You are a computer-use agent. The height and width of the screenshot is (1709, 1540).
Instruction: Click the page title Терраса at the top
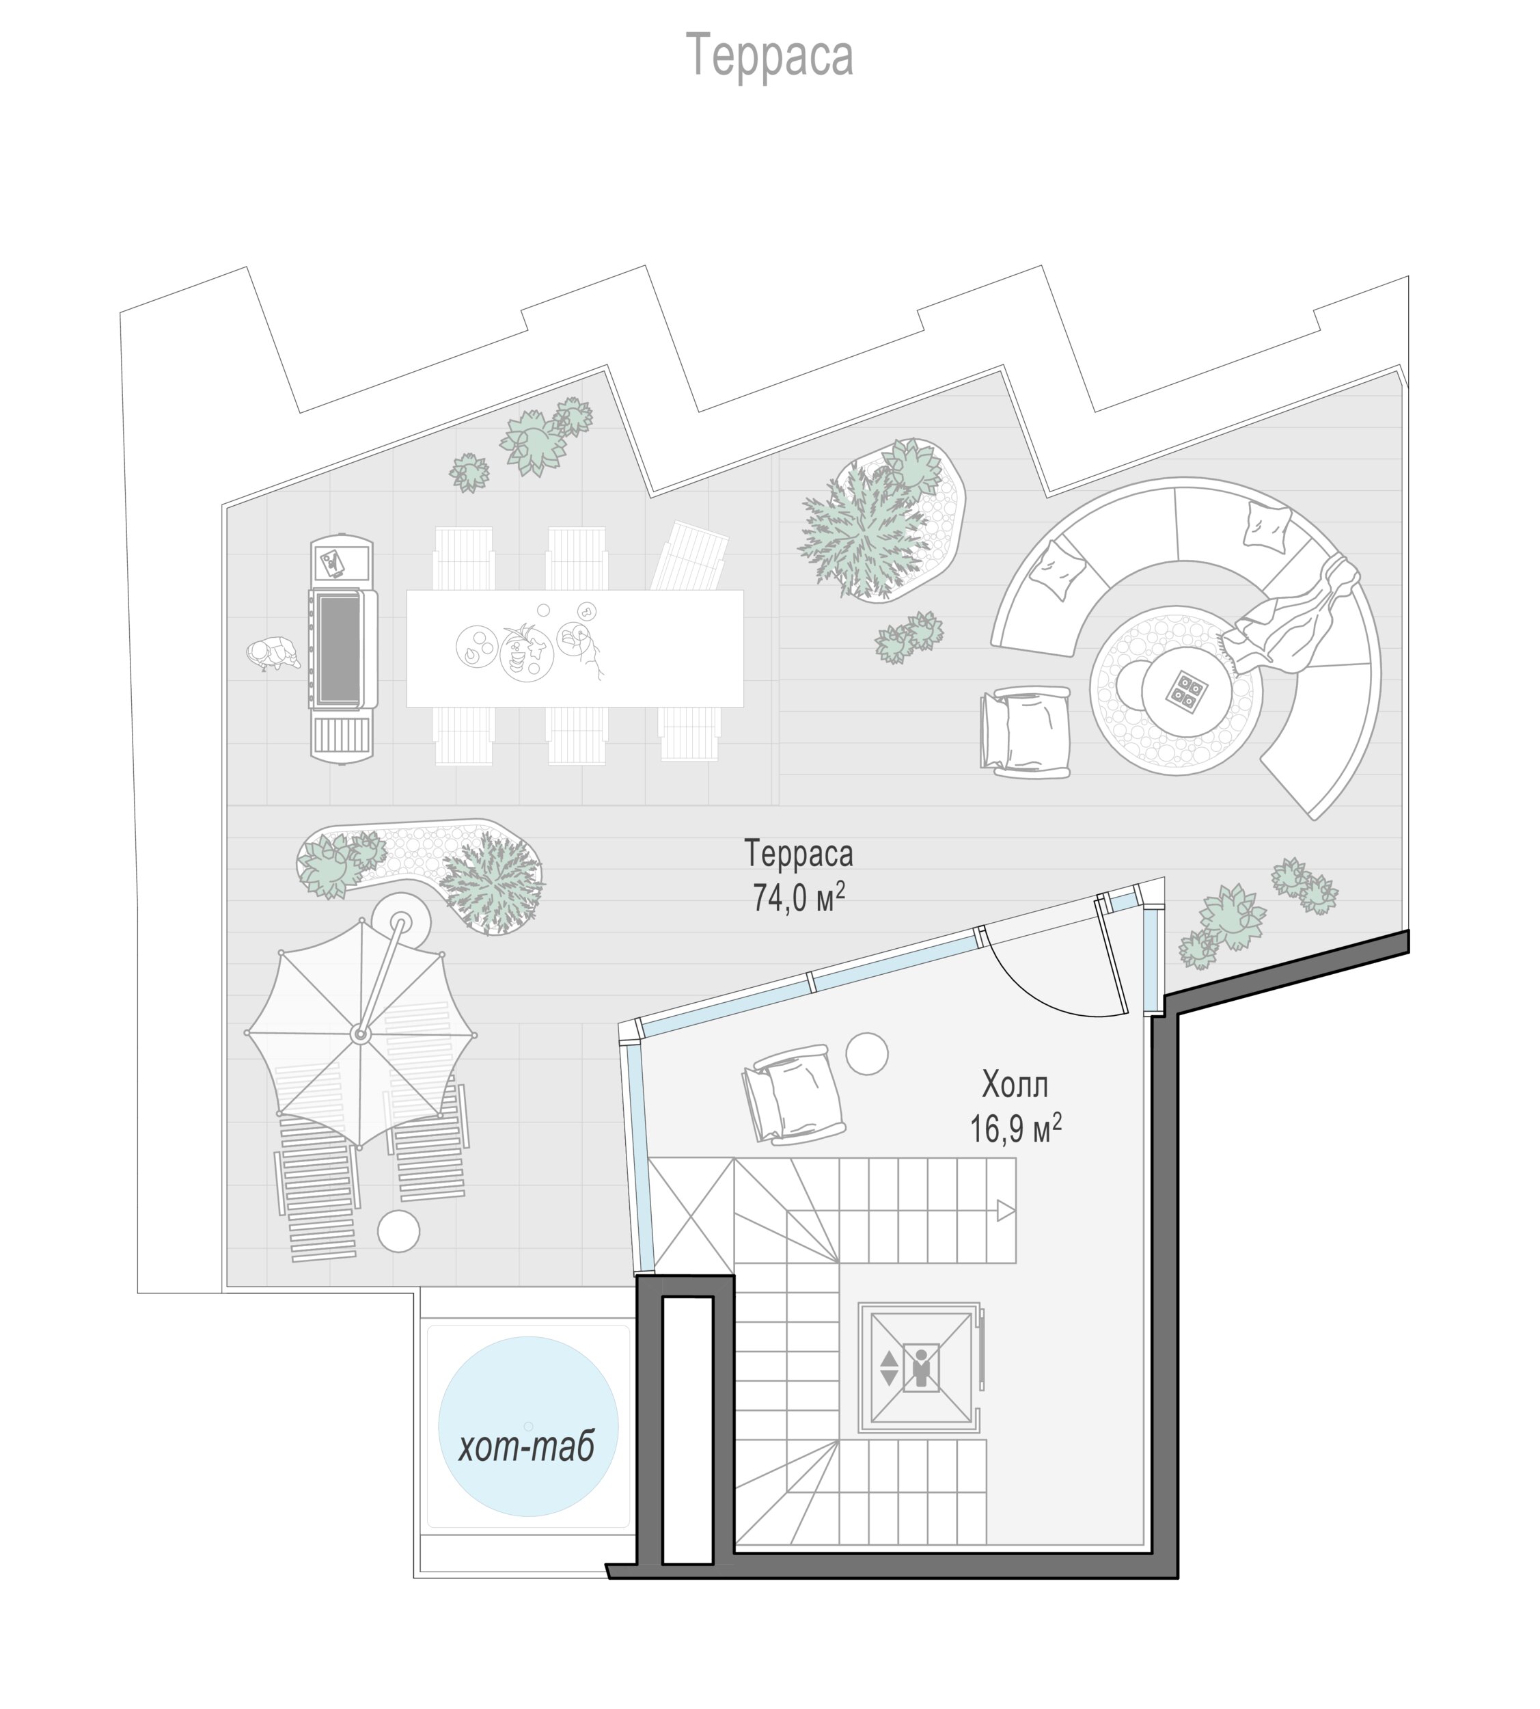pos(769,56)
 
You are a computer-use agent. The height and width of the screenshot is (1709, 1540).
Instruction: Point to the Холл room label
pos(1015,1084)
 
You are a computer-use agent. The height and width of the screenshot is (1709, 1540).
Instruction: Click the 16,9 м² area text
pos(1015,1129)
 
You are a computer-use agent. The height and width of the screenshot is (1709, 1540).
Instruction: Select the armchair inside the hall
pos(794,1094)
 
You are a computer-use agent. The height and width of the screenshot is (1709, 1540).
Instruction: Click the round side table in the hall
pos(866,1054)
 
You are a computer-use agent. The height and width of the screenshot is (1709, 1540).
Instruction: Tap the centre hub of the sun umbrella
pos(361,1034)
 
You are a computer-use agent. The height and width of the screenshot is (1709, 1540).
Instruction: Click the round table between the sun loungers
pos(398,1230)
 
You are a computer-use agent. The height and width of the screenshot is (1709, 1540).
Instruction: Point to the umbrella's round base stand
pos(400,921)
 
